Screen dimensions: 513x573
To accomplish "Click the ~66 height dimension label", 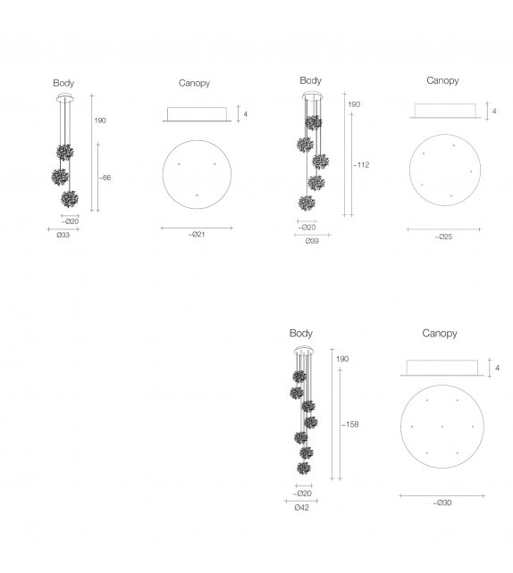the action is [x=105, y=178].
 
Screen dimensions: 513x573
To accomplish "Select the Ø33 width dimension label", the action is [x=63, y=235].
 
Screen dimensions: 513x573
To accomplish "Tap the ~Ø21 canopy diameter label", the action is [x=197, y=234].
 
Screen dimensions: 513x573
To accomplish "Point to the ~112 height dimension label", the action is [x=361, y=165].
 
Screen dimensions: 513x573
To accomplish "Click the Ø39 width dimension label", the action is [x=312, y=241].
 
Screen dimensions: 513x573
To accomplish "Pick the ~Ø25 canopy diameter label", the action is [x=443, y=237].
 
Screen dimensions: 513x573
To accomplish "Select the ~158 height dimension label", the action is [x=349, y=424].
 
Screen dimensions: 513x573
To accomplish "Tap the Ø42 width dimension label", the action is [x=301, y=508].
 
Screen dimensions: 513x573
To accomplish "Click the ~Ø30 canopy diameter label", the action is [x=442, y=502].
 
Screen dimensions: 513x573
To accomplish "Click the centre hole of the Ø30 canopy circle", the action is [x=442, y=427].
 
